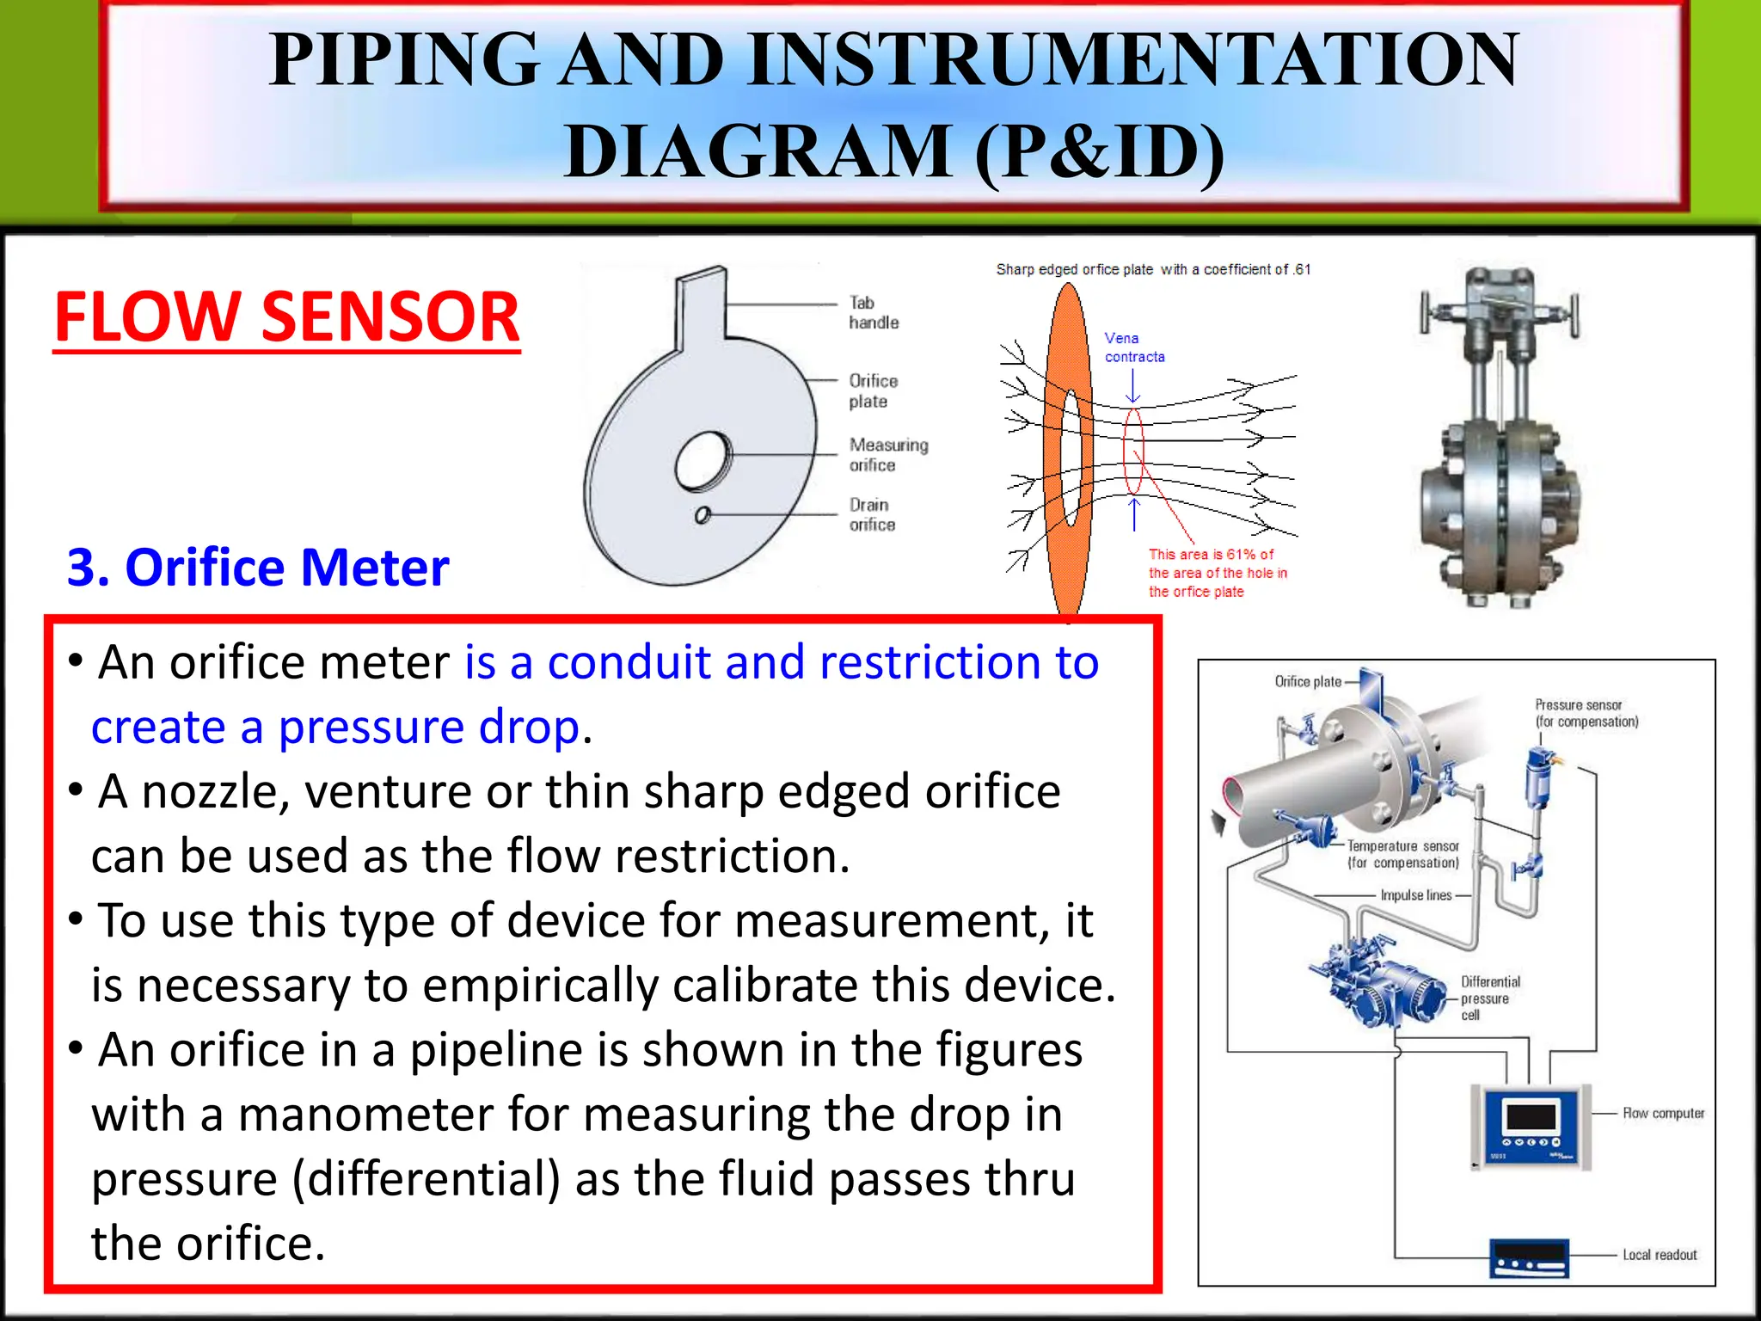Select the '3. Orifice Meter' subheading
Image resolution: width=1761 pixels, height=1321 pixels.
click(x=258, y=568)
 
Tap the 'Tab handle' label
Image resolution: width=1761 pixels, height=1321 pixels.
click(x=873, y=313)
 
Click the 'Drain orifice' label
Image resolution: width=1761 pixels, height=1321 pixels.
click(x=872, y=514)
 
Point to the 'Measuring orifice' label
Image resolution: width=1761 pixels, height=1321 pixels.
click(x=887, y=455)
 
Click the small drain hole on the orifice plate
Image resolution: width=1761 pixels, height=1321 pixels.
click(x=703, y=515)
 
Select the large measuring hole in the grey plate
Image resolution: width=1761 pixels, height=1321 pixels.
click(x=703, y=462)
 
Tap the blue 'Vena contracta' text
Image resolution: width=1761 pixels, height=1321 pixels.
click(x=1133, y=347)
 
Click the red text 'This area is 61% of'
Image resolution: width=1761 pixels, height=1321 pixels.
click(x=1211, y=555)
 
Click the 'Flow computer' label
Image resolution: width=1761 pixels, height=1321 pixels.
click(x=1663, y=1113)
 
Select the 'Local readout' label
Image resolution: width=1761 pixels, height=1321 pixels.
click(x=1660, y=1255)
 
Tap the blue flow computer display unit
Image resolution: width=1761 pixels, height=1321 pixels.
click(x=1531, y=1127)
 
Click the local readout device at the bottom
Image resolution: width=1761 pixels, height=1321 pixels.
click(x=1529, y=1258)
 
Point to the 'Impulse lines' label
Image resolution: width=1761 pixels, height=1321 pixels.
click(x=1415, y=895)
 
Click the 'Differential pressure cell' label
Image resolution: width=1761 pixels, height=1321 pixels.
click(x=1489, y=998)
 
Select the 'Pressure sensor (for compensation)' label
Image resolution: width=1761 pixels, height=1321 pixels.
click(x=1586, y=713)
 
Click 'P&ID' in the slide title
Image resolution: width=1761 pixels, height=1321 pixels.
click(x=1099, y=151)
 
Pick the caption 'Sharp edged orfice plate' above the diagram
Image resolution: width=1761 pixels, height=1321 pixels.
click(x=1074, y=269)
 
